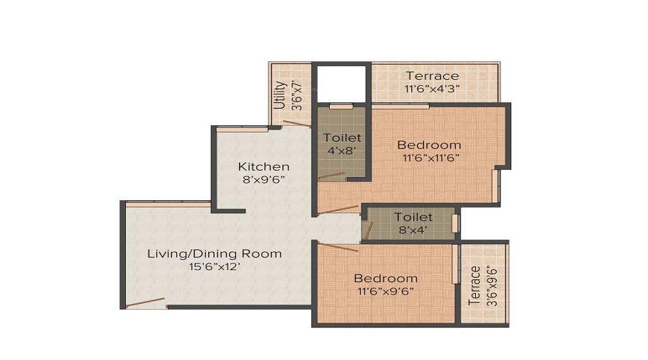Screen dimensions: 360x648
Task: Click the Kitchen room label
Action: click(264, 166)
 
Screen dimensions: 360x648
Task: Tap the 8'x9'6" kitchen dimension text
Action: click(264, 180)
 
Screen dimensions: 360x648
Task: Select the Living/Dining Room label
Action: click(215, 253)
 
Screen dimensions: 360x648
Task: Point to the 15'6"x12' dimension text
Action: click(215, 266)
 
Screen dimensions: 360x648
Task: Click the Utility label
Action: click(280, 94)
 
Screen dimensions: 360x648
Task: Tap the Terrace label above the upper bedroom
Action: click(432, 76)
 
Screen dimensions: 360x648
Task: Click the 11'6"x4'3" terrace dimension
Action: click(432, 89)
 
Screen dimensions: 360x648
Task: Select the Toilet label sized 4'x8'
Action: click(342, 137)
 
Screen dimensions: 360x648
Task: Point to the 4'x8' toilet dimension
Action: click(342, 150)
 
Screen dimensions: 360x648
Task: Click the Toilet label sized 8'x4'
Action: click(413, 217)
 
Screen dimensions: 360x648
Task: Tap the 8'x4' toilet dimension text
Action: click(413, 230)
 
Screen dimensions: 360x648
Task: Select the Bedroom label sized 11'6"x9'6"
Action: click(385, 278)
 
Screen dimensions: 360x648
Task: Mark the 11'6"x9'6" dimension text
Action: click(385, 291)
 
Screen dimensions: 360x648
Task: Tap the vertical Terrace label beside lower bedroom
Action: click(474, 286)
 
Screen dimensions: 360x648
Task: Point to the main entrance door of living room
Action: click(146, 303)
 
